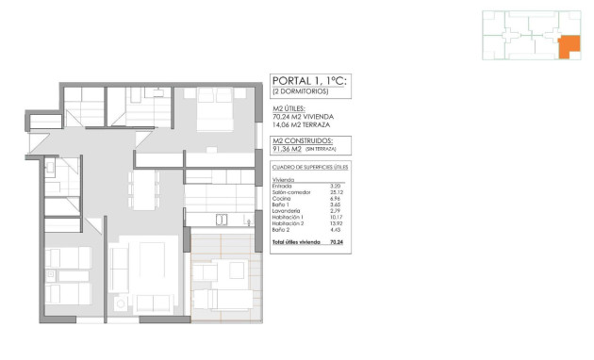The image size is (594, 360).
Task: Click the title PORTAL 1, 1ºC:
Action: (308, 82)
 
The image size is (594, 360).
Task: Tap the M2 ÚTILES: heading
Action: (288, 109)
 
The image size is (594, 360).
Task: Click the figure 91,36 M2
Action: (287, 149)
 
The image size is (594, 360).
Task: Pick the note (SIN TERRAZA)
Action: (321, 149)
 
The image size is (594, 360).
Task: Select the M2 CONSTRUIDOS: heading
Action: (299, 139)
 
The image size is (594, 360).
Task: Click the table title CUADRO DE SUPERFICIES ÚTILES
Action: (309, 167)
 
